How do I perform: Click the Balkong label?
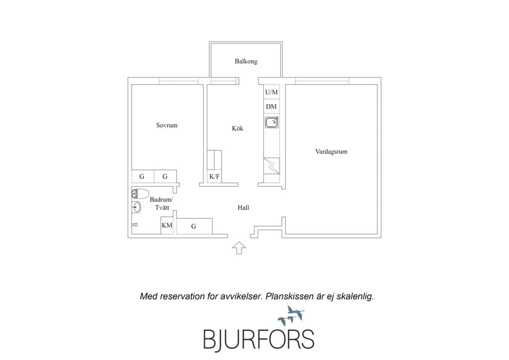click(x=246, y=61)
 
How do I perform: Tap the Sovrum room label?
click(x=167, y=125)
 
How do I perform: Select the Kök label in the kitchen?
click(x=237, y=128)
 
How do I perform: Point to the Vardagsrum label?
click(x=331, y=152)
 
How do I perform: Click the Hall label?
click(x=243, y=208)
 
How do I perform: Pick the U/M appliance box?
click(x=272, y=92)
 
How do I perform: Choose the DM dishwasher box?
click(x=272, y=106)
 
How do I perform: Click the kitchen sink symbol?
click(x=272, y=123)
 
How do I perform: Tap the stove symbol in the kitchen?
click(x=272, y=166)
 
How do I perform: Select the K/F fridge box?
click(x=214, y=177)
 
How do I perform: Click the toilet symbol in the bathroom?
click(x=140, y=194)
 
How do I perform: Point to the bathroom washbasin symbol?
click(x=137, y=207)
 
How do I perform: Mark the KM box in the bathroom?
click(x=167, y=226)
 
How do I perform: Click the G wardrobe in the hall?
click(x=194, y=226)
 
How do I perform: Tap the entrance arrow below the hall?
click(x=239, y=248)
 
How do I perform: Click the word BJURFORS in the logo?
click(x=259, y=340)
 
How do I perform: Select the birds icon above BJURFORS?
click(x=291, y=316)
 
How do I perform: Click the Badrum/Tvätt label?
click(x=161, y=204)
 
